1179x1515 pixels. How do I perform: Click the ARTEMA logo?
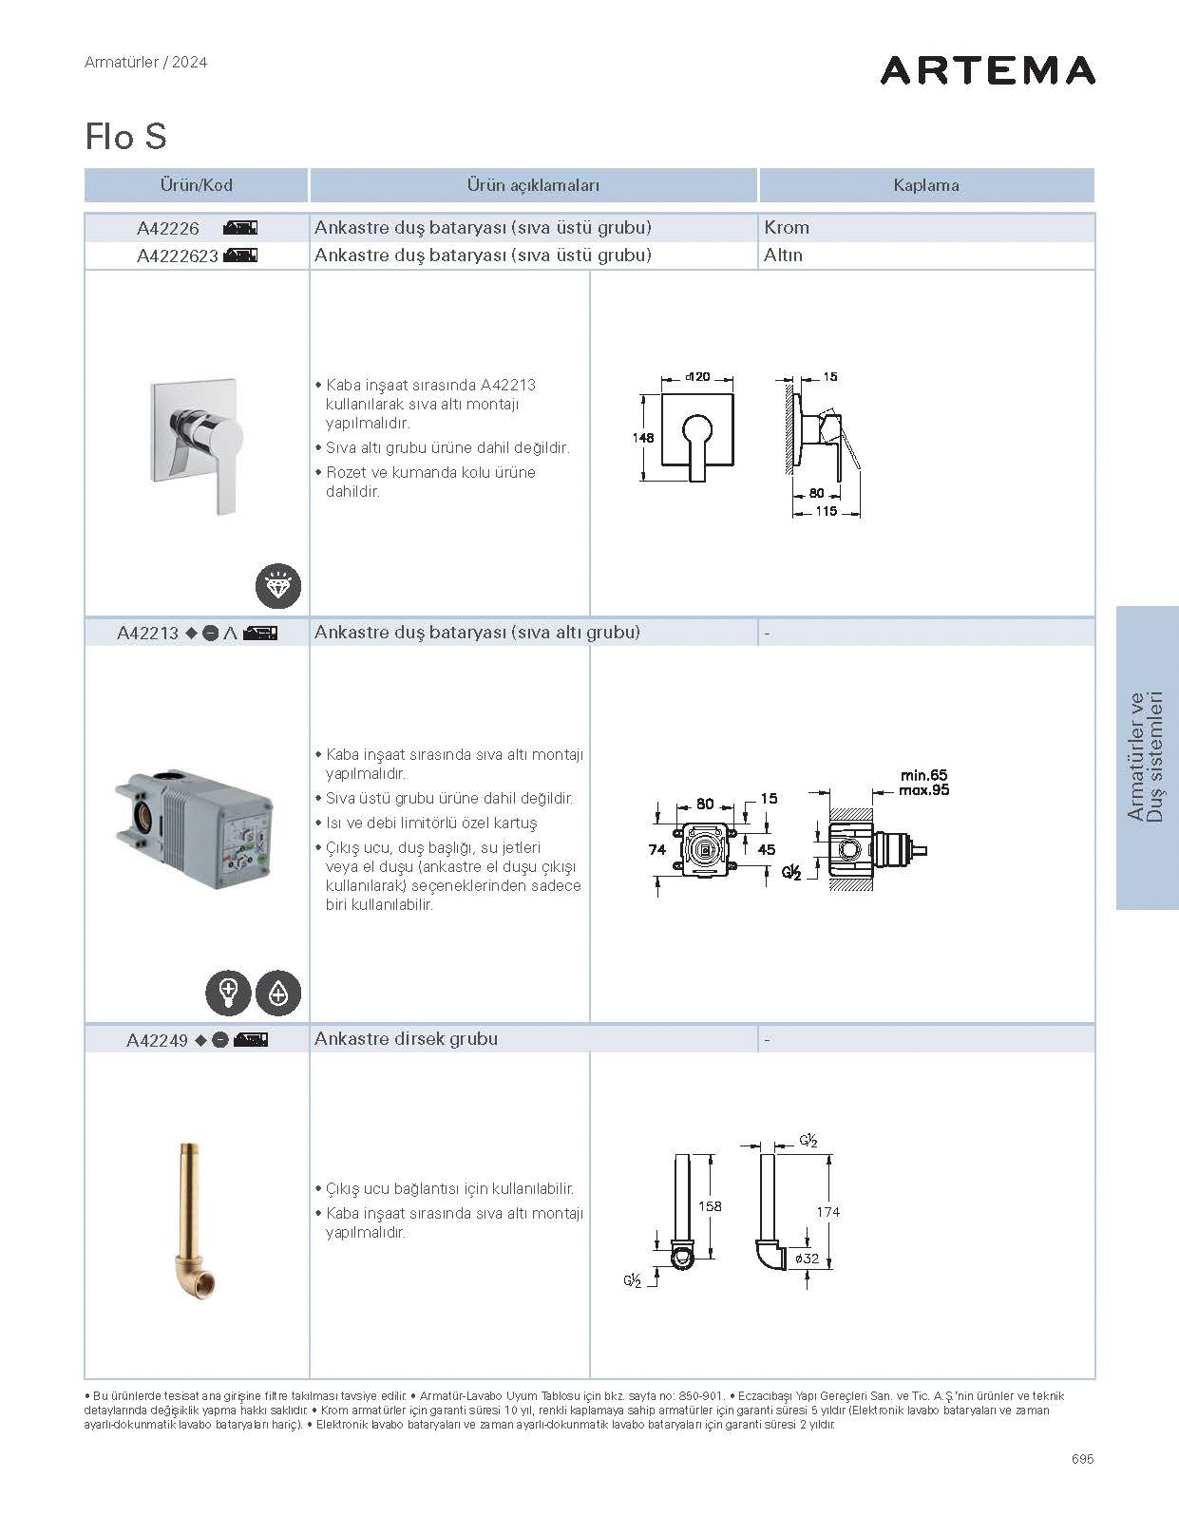[987, 70]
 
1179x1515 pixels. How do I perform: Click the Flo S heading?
[125, 137]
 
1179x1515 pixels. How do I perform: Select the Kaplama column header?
[925, 185]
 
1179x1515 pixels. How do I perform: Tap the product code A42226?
[168, 228]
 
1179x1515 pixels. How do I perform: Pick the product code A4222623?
[178, 256]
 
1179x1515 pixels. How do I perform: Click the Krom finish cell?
[787, 228]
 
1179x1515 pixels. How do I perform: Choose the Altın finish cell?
[783, 256]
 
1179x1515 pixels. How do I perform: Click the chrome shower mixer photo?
[197, 443]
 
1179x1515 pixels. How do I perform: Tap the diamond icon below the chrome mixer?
[277, 586]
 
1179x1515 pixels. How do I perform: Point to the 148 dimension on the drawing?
[643, 438]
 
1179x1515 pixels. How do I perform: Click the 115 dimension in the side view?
[826, 511]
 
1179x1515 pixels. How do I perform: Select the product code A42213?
[147, 634]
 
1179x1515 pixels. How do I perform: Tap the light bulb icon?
[228, 993]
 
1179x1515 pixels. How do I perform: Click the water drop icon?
[277, 993]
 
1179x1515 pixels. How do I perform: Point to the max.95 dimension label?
[923, 790]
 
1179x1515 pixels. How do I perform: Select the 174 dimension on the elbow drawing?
[828, 1212]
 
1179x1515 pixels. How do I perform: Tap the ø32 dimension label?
[807, 1259]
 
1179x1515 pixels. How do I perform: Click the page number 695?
[1082, 1459]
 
